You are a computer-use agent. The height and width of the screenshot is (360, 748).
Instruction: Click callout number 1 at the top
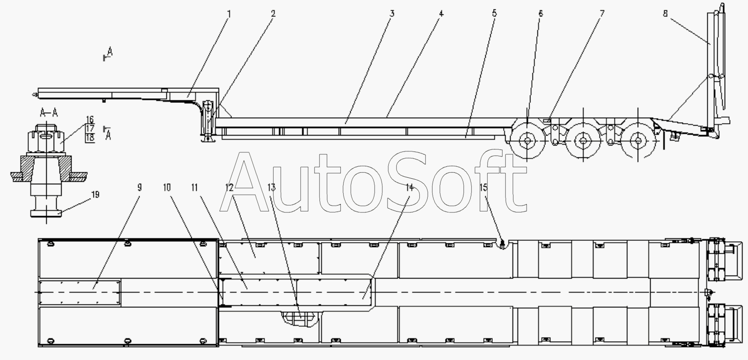229,14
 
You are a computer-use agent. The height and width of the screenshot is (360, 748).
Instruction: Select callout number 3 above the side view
392,14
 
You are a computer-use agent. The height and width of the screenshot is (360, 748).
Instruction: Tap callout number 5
495,13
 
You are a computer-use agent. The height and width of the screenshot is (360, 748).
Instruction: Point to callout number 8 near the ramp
665,13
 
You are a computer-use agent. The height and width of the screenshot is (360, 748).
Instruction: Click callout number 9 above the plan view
140,188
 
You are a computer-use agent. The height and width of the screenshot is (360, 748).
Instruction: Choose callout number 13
272,188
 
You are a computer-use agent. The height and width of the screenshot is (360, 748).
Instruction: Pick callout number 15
484,188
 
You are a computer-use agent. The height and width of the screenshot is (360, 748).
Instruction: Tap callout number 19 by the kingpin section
95,195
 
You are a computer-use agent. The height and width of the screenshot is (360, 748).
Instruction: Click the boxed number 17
90,128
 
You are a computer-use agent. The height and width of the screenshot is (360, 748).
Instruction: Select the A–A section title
49,113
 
